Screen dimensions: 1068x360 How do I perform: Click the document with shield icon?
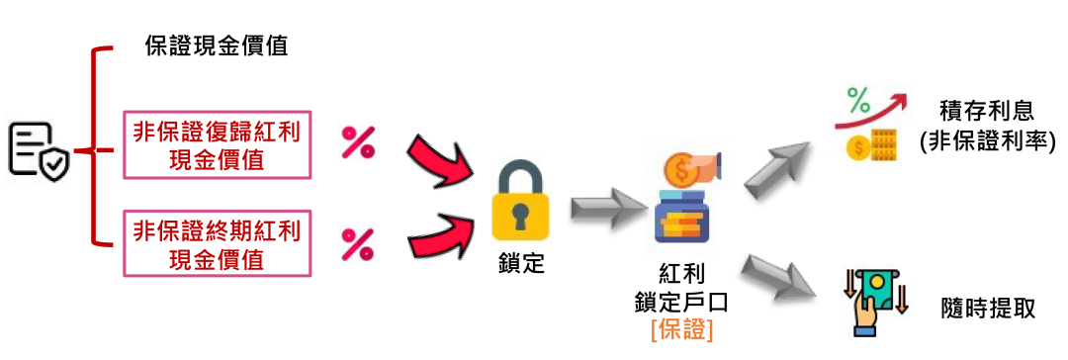(39, 149)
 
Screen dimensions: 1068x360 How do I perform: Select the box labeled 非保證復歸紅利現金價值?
(217, 144)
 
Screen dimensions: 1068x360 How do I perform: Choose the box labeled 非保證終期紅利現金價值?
(217, 243)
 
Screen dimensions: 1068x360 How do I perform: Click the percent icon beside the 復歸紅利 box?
(358, 140)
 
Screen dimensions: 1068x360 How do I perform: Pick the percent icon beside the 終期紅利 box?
(358, 243)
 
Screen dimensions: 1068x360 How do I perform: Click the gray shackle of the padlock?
(521, 175)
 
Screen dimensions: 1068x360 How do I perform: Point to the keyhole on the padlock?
(521, 220)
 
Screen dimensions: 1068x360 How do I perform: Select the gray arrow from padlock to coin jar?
(606, 207)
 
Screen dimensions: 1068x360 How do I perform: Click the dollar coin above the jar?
(681, 171)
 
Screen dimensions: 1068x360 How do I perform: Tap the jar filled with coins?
(683, 219)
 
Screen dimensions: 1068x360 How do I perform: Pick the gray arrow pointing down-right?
(777, 276)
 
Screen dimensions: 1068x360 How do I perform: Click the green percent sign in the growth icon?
(858, 100)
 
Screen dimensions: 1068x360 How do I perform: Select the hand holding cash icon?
(875, 303)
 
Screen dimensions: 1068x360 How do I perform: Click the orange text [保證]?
(681, 329)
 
